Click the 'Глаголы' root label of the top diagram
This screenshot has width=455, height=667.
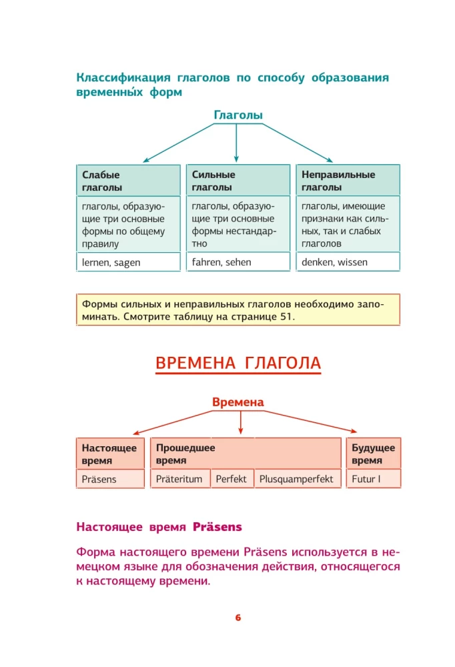pyautogui.click(x=238, y=115)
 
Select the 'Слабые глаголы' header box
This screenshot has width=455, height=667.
pyautogui.click(x=129, y=181)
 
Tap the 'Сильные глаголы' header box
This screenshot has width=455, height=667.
pyautogui.click(x=238, y=181)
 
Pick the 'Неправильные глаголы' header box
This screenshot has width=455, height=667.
pyautogui.click(x=348, y=181)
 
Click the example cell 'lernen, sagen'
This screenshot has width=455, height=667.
pyautogui.click(x=129, y=262)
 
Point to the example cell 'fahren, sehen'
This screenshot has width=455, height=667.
pyautogui.click(x=238, y=262)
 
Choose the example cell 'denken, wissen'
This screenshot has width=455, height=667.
pyautogui.click(x=348, y=262)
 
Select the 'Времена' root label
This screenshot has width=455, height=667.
pyautogui.click(x=238, y=402)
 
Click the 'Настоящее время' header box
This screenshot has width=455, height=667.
pyautogui.click(x=110, y=454)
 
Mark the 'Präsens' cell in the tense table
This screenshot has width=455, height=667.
pyautogui.click(x=110, y=479)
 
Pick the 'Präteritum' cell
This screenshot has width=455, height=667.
pyautogui.click(x=179, y=479)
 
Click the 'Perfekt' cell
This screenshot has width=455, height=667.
pyautogui.click(x=232, y=479)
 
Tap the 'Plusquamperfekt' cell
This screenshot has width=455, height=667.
pyautogui.click(x=296, y=479)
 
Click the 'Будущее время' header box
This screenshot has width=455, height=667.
pyautogui.click(x=373, y=454)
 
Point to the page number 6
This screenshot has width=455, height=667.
pyautogui.click(x=238, y=617)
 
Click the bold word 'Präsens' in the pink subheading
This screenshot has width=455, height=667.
pyautogui.click(x=217, y=527)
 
